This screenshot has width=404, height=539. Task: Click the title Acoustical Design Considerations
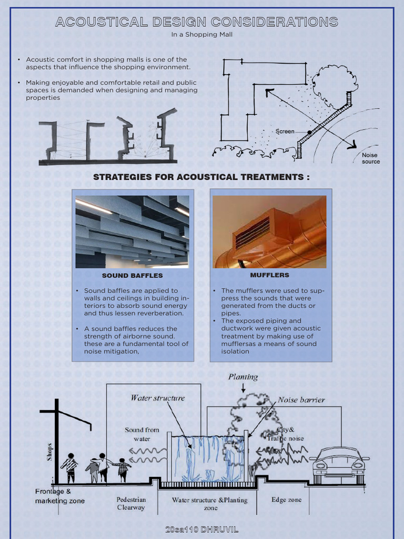click(197, 22)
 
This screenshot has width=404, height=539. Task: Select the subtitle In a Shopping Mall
click(201, 35)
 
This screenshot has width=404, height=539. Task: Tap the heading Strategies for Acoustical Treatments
click(201, 177)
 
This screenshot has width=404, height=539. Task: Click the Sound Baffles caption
click(132, 275)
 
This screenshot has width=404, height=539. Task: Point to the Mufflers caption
click(269, 275)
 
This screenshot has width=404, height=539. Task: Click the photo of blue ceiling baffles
click(132, 232)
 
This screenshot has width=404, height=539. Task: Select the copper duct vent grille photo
click(269, 232)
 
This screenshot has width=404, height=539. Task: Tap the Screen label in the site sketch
click(285, 131)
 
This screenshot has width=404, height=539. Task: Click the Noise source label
click(370, 158)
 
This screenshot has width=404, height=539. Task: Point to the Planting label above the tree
click(243, 377)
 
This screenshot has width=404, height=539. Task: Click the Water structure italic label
click(158, 398)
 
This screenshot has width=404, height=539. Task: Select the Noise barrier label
click(301, 400)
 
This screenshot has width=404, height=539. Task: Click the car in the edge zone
click(339, 463)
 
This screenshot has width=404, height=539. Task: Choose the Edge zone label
click(286, 500)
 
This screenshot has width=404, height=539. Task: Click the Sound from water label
click(142, 434)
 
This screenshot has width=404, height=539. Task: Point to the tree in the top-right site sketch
click(333, 82)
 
